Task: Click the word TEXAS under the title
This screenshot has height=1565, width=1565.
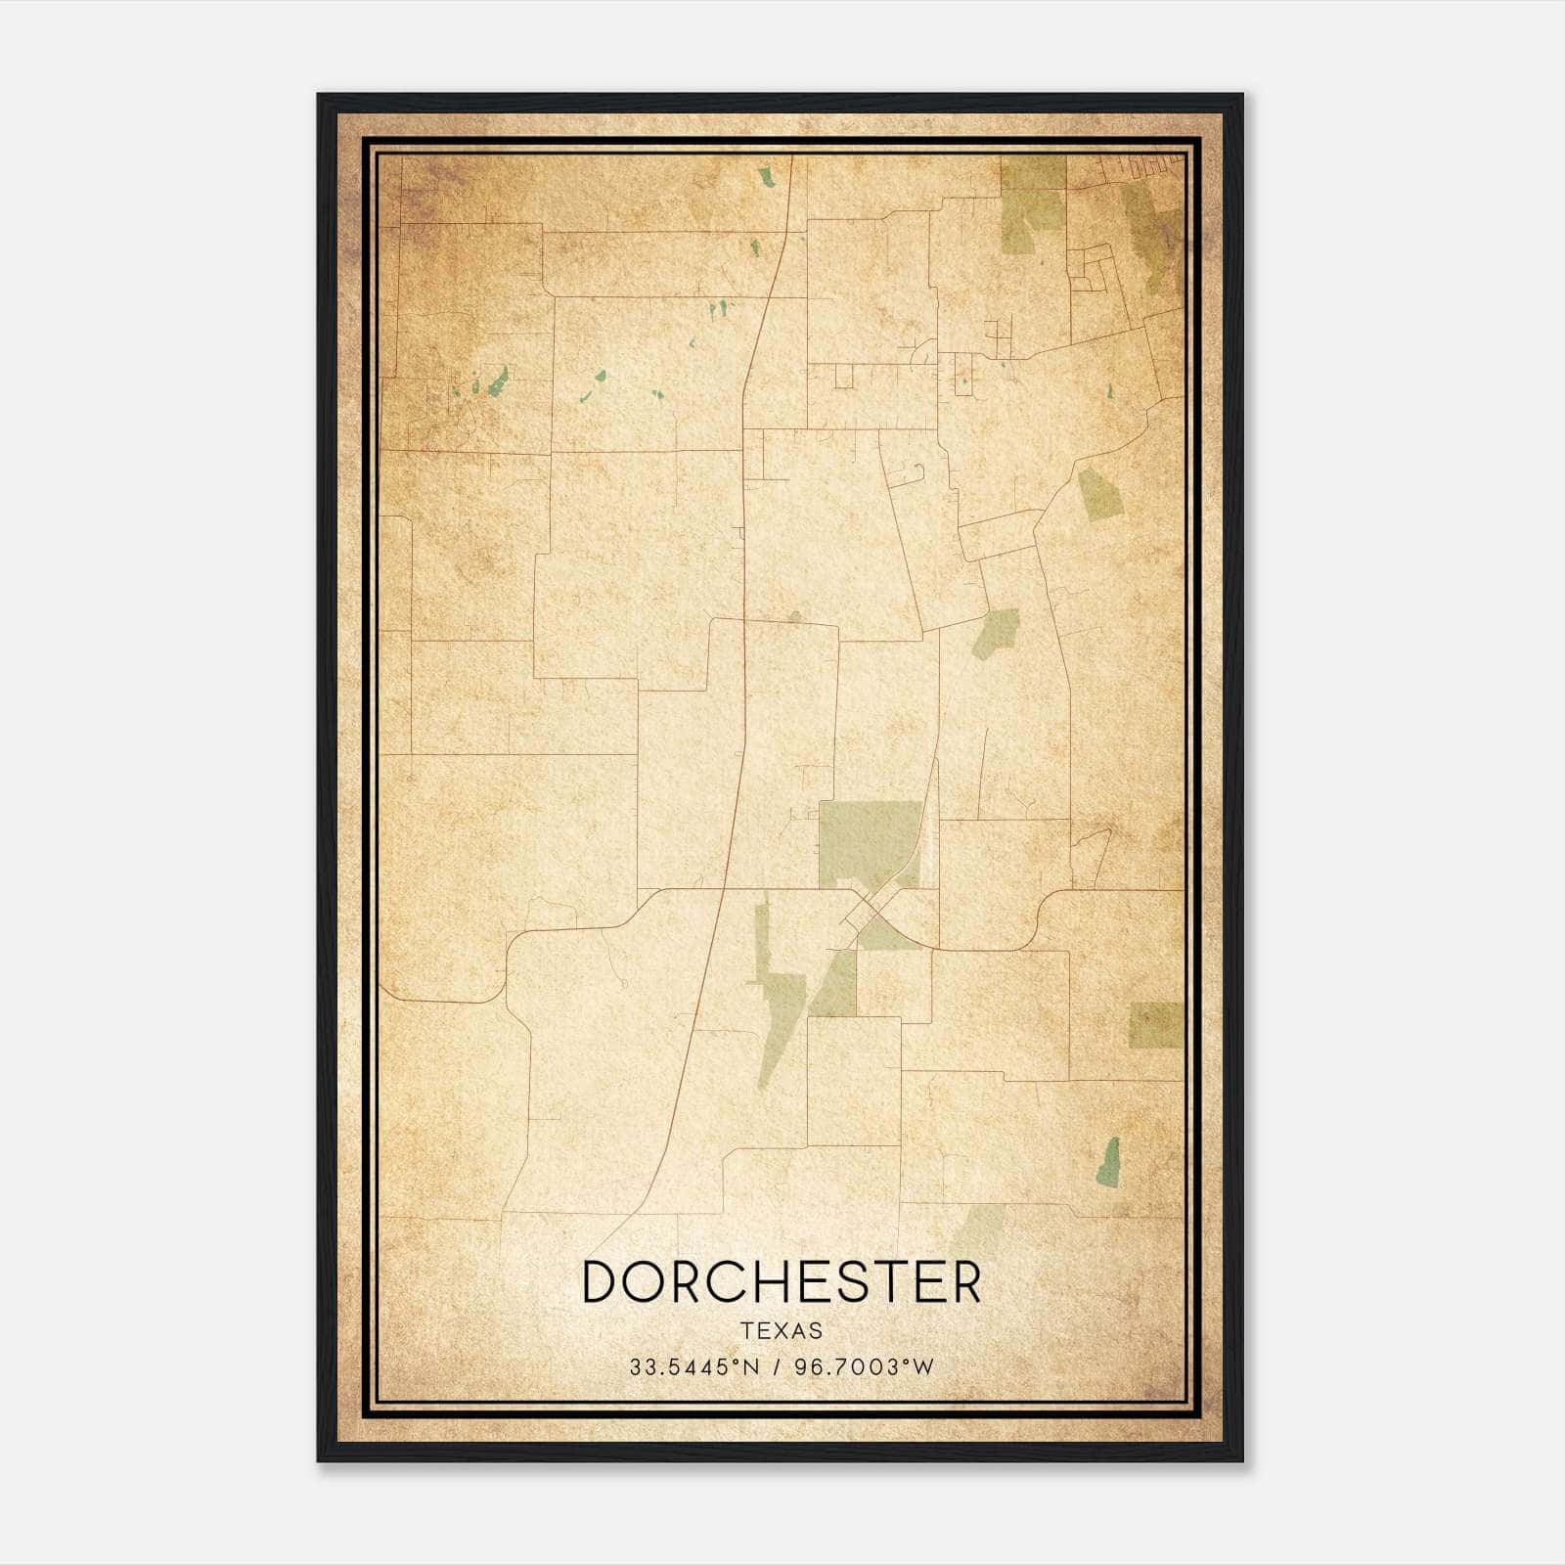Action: coord(782,1330)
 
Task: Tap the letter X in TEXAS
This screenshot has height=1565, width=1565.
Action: coord(782,1330)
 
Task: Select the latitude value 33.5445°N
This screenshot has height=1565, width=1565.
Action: coord(693,1366)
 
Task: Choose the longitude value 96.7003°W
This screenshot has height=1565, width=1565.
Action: coord(865,1366)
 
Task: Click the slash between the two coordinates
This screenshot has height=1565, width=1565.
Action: coord(777,1366)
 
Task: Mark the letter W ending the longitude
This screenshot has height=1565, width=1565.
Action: coord(924,1366)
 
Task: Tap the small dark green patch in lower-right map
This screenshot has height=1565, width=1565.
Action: coord(1108,1162)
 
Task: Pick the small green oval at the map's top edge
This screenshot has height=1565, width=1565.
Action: coord(766,178)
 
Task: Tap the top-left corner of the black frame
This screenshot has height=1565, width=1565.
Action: coord(320,96)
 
